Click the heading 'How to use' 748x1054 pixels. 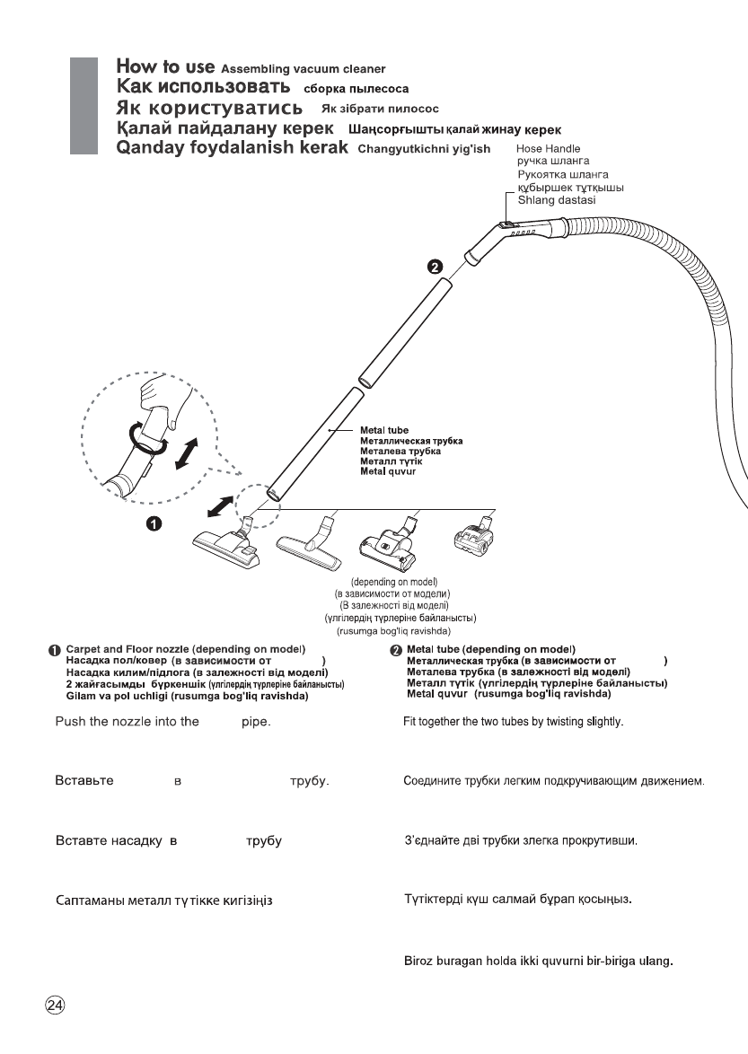[x=165, y=67]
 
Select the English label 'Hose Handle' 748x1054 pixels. [x=548, y=148]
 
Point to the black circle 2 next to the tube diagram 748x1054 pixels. [x=435, y=267]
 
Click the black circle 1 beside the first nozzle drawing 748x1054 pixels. [x=154, y=524]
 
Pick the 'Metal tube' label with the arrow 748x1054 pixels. [x=384, y=431]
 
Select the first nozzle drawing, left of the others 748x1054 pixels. [x=226, y=544]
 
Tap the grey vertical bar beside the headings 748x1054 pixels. [x=83, y=108]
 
